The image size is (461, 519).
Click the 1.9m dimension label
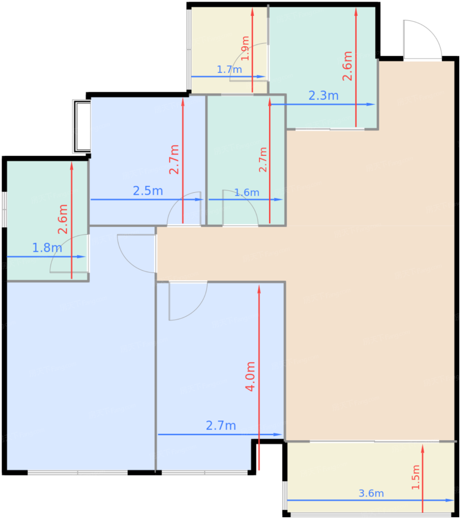click(x=245, y=49)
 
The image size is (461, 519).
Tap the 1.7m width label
click(x=229, y=69)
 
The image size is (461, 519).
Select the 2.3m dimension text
click(x=323, y=96)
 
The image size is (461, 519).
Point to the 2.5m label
click(x=148, y=191)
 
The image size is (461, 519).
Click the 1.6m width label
click(x=247, y=192)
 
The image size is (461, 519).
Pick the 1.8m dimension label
click(x=47, y=248)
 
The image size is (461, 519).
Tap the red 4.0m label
click(x=250, y=376)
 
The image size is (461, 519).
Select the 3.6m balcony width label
click(x=371, y=493)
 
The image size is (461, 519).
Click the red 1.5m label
click(x=415, y=477)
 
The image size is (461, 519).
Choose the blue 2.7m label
click(x=221, y=426)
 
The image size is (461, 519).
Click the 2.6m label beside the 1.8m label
click(x=62, y=219)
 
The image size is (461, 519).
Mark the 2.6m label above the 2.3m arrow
click(x=347, y=66)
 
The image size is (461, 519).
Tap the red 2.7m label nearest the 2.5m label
click(x=174, y=160)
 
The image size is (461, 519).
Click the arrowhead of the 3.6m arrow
click(x=450, y=500)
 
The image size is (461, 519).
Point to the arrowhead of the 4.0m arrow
click(x=259, y=289)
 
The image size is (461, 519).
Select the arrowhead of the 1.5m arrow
click(x=422, y=449)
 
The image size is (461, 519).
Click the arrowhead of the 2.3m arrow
click(x=371, y=104)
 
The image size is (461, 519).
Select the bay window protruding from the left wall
click(x=82, y=126)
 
